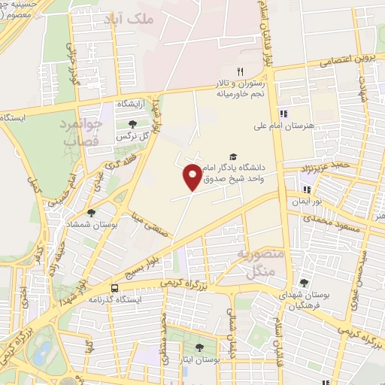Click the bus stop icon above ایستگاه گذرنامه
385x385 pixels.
(114, 288)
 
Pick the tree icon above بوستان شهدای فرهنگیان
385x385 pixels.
(303, 283)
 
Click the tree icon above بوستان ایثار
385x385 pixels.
(199, 347)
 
